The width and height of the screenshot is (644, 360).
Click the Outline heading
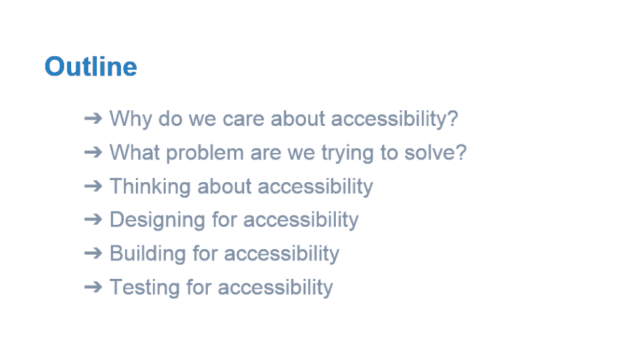91,66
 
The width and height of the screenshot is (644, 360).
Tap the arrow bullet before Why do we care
93,119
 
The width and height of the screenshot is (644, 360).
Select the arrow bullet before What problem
93,152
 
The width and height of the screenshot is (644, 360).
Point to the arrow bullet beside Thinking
93,186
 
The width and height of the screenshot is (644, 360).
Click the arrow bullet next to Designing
93,220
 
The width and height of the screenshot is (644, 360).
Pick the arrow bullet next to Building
93,253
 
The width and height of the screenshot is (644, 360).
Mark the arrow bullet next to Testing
93,287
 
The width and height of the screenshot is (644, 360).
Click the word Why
131,120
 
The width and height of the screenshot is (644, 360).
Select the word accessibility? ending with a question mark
394,120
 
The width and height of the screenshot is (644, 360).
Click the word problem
205,153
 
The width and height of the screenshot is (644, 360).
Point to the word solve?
436,152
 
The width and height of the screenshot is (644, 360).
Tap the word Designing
157,221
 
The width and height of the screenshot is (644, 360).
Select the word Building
147,254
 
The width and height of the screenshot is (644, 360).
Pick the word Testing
144,287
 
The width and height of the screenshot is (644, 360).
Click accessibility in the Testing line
275,287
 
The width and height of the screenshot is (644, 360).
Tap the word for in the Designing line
224,220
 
